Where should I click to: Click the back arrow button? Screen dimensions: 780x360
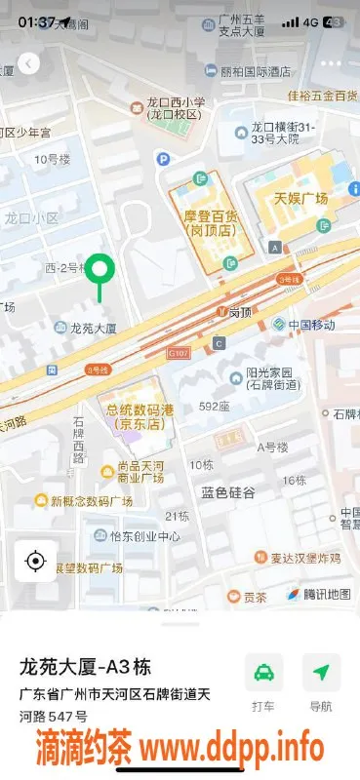(30, 63)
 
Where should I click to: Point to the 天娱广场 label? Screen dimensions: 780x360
(300, 199)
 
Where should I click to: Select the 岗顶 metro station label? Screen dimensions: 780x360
(240, 313)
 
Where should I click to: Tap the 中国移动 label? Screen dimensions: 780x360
(311, 325)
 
